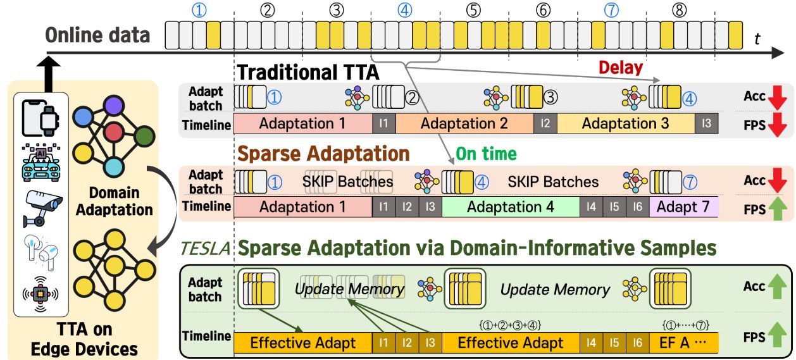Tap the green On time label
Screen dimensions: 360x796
486,154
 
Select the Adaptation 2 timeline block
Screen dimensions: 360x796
464,124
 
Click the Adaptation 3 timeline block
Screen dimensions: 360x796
625,124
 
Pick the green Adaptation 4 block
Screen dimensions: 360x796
510,207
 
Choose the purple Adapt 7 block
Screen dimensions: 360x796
687,207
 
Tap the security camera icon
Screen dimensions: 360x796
41,207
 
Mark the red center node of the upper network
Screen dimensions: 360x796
114,133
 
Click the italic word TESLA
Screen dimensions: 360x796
204,247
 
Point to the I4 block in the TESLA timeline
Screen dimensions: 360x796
591,343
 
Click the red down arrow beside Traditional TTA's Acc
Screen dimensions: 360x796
776,97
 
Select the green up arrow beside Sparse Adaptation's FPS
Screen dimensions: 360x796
776,207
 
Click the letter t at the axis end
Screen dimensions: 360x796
757,39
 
